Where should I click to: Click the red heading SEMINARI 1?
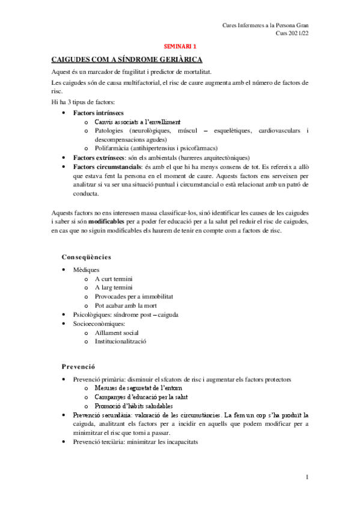[x=180, y=46]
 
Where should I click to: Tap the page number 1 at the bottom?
[x=307, y=478]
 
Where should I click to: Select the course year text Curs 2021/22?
[x=291, y=34]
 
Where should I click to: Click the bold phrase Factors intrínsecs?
[x=98, y=112]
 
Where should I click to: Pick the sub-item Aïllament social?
[x=117, y=333]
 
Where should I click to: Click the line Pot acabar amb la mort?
[x=126, y=306]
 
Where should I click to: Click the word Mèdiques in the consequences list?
[x=86, y=270]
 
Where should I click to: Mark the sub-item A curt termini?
[x=114, y=279]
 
